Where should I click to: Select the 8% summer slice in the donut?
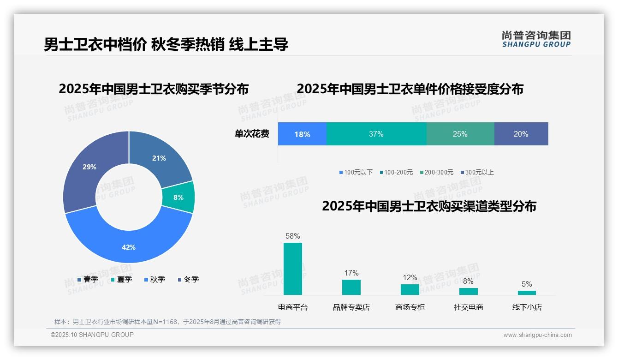(178, 197)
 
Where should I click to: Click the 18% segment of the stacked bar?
(302, 134)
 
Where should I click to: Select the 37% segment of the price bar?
(376, 134)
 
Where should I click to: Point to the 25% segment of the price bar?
(460, 134)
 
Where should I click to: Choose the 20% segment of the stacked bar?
(521, 134)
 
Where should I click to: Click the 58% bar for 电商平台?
(293, 269)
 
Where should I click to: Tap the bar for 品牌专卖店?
(351, 287)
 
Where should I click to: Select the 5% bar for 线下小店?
(527, 293)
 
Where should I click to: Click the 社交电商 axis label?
(469, 307)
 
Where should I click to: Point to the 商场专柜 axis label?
(410, 307)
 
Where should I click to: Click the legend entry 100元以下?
(356, 173)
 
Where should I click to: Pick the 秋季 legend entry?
(155, 279)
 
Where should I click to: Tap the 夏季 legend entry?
(122, 279)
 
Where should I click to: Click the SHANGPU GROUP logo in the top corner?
(536, 39)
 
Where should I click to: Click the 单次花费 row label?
(252, 134)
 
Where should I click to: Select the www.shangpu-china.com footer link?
(537, 335)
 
